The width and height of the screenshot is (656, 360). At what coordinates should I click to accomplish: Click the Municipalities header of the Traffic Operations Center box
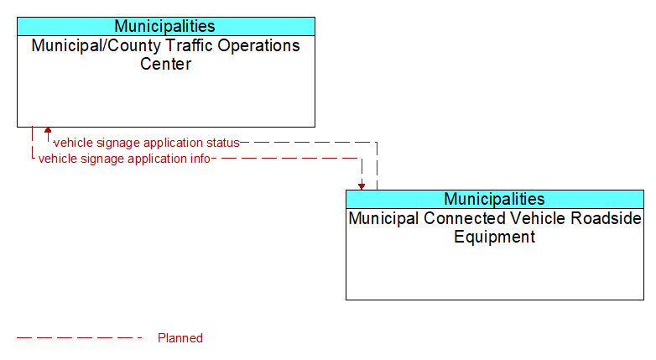pyautogui.click(x=164, y=26)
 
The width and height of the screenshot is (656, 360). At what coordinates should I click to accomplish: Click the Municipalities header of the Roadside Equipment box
pyautogui.click(x=494, y=199)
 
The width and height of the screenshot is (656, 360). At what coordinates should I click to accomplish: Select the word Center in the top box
pyautogui.click(x=165, y=64)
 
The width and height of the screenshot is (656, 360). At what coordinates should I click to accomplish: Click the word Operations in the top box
pyautogui.click(x=258, y=45)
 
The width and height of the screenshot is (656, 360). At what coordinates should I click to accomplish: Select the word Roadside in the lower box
pyautogui.click(x=607, y=218)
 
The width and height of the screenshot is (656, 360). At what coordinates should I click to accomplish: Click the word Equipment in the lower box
pyautogui.click(x=494, y=237)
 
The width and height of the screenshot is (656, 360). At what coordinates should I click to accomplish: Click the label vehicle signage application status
pyautogui.click(x=147, y=143)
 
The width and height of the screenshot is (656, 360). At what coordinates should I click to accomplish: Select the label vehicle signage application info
pyautogui.click(x=124, y=159)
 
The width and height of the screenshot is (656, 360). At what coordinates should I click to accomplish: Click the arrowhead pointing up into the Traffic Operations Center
pyautogui.click(x=48, y=130)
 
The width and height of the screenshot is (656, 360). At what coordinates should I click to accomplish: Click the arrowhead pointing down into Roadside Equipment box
pyautogui.click(x=362, y=186)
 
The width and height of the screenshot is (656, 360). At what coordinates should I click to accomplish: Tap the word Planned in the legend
pyautogui.click(x=180, y=338)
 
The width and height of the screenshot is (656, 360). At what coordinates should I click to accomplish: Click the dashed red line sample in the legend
pyautogui.click(x=80, y=337)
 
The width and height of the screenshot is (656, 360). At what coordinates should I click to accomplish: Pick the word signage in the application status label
pyautogui.click(x=111, y=143)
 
